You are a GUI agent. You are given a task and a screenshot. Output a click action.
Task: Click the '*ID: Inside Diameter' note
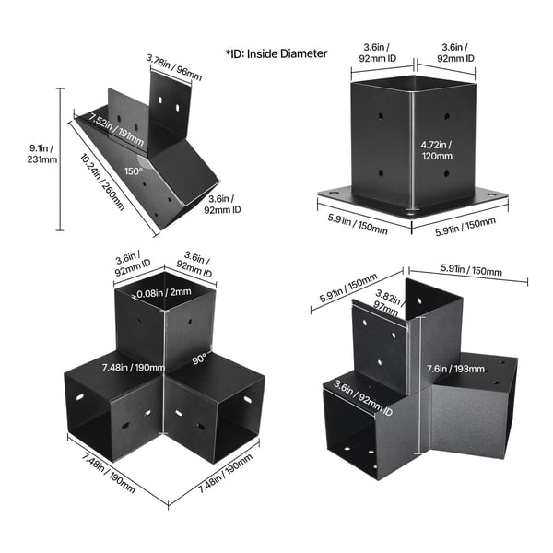(x=276, y=53)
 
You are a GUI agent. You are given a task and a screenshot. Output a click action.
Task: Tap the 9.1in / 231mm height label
(x=42, y=154)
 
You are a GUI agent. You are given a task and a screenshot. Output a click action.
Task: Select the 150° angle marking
(x=134, y=171)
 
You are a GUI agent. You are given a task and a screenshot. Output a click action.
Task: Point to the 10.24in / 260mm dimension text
(x=102, y=182)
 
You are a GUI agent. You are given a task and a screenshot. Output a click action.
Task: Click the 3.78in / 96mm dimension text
(x=174, y=67)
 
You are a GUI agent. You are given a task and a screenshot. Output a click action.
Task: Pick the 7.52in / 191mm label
(x=116, y=129)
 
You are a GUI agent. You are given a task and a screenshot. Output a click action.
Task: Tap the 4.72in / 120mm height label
(x=437, y=150)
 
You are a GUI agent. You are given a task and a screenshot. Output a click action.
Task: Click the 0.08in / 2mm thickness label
(x=164, y=293)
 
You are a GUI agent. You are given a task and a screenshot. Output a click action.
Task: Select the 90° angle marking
(x=199, y=359)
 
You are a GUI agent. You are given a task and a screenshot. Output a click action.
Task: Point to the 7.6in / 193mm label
(x=455, y=369)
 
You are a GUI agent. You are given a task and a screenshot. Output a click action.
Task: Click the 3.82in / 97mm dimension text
(x=387, y=303)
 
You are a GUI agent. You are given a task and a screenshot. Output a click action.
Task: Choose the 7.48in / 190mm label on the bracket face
(x=134, y=368)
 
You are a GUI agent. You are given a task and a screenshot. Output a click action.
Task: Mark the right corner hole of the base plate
(x=491, y=194)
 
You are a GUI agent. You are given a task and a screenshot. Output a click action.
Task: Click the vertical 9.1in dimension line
(x=61, y=159)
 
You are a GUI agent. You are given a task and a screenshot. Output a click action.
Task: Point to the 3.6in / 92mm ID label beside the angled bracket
(x=222, y=205)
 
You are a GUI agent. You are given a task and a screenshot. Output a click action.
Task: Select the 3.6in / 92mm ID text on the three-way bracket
(x=363, y=398)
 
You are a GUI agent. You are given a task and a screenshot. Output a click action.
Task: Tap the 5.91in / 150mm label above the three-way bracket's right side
(x=471, y=270)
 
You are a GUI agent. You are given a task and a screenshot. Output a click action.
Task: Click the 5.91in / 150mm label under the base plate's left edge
(x=358, y=224)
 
